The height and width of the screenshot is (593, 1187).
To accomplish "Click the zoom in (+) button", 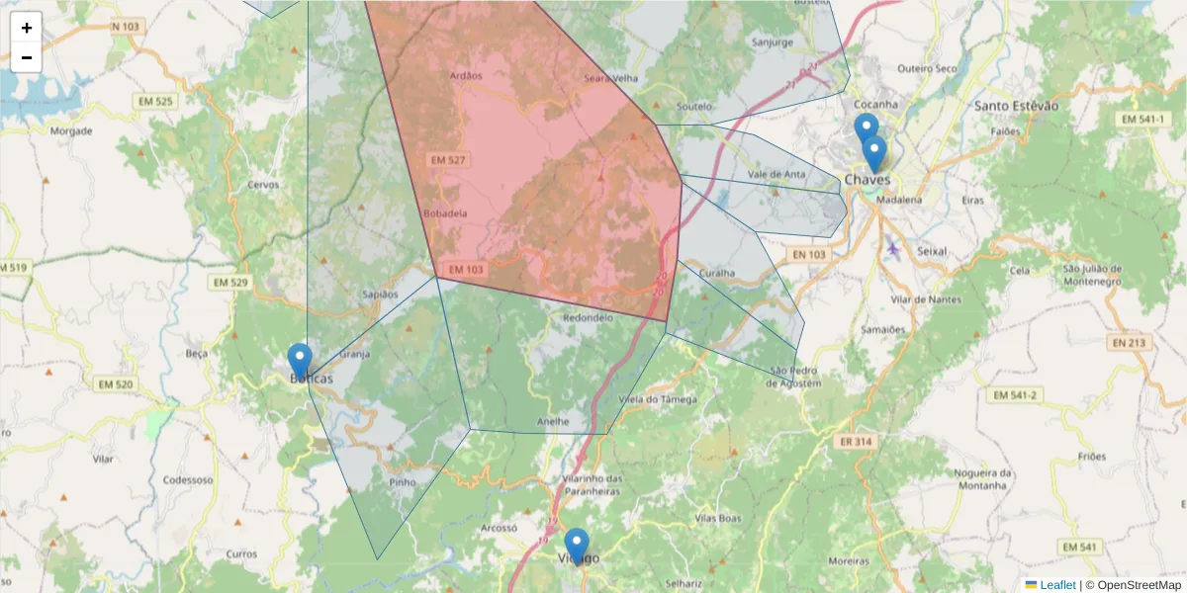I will point(27,28).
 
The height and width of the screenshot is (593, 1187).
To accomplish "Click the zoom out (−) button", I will point(27,57).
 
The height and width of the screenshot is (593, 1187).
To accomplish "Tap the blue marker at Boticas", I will point(300,361).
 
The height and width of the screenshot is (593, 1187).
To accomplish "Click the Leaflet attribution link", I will point(1056,585).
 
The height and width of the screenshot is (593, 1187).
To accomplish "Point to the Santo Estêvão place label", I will point(1016,106).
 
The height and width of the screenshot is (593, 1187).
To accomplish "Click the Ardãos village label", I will point(465,76).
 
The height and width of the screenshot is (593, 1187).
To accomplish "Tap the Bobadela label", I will point(444,212).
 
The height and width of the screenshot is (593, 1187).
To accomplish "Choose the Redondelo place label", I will point(588,318).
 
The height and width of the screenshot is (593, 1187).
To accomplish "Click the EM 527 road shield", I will point(448,159).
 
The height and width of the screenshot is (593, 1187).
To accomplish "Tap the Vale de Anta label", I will point(776,175).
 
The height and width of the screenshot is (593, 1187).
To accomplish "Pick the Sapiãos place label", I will point(381,295).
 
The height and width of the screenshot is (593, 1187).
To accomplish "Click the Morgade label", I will point(71,130).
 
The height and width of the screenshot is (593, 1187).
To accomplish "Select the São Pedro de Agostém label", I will point(795,378).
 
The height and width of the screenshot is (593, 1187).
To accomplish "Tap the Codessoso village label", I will point(188,480).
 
